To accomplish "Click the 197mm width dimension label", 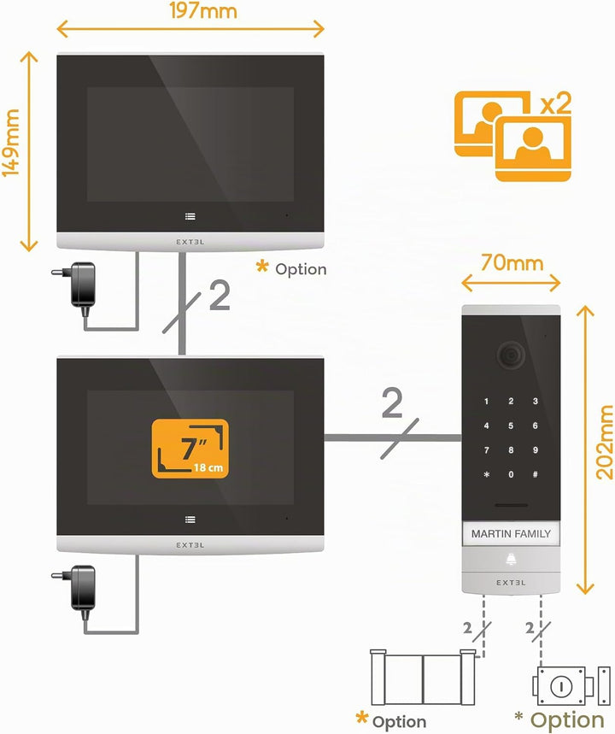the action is pos(203,10).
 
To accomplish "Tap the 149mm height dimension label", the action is pos(11,143).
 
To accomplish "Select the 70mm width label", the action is pos(512,263).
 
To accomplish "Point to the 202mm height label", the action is pos(604,442).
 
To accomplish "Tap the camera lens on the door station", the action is pos(510,355).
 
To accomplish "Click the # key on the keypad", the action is pos(535,474).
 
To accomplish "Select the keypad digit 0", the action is pos(511,474).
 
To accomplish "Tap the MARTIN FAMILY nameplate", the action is pos(511,534).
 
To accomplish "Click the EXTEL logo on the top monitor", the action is pos(190,242).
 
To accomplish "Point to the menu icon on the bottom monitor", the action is pos(190,520).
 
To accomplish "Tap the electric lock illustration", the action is pos(571,686).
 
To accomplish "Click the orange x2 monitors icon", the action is pos(513,136).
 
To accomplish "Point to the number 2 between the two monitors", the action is pos(220,296).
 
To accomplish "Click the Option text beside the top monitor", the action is pos(301,269).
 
